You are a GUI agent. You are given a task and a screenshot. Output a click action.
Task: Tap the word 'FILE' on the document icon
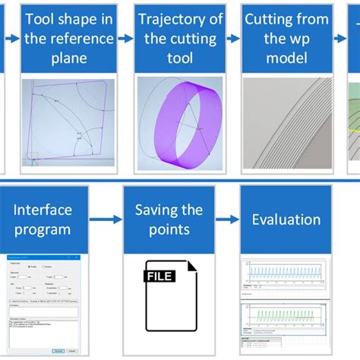click(x=161, y=277)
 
